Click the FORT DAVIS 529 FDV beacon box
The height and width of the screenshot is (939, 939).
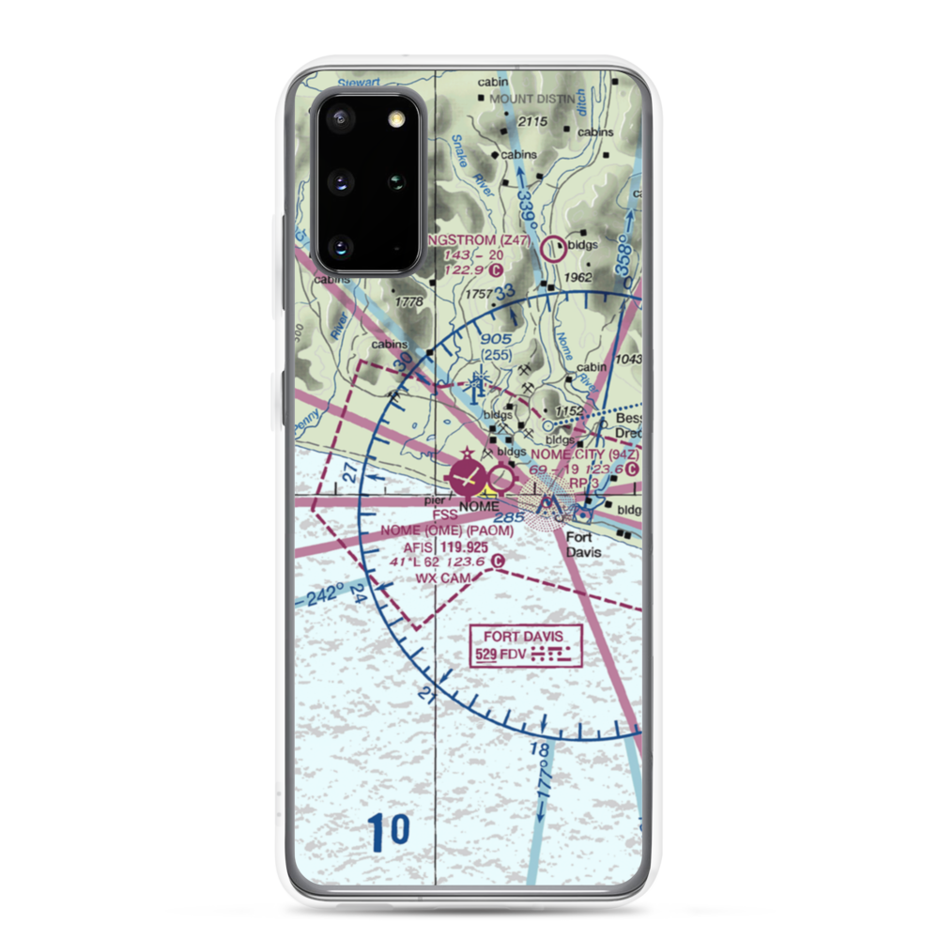tap(526, 647)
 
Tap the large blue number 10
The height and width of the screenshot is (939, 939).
tap(389, 830)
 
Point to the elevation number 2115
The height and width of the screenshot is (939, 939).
tap(531, 122)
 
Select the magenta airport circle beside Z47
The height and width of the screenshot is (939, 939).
tap(555, 248)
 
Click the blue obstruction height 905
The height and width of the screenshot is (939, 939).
tap(495, 339)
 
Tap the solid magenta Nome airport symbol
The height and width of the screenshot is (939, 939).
tap(466, 478)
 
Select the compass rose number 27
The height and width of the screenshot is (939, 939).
tap(350, 474)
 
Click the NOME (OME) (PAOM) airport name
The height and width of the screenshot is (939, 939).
tap(447, 531)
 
